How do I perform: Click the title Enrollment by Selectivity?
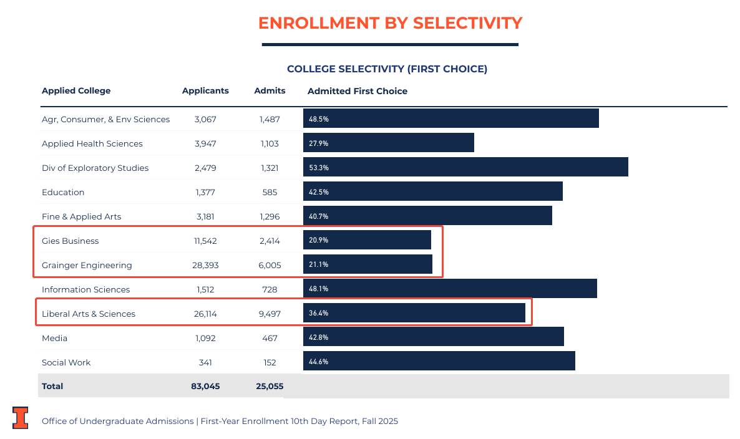(390, 23)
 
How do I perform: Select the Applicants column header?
(205, 91)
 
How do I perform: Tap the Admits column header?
(270, 91)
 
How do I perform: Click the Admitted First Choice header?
(358, 91)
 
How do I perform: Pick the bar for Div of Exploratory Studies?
(465, 167)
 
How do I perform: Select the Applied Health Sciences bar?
(389, 143)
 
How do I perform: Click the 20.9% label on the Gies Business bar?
(319, 241)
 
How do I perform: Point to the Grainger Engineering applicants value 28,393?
(205, 265)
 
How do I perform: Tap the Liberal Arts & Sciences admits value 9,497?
(270, 314)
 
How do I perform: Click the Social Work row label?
(66, 362)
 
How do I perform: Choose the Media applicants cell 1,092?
(205, 338)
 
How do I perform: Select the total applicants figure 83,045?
(205, 386)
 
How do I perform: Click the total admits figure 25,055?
(270, 386)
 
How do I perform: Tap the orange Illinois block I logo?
(21, 418)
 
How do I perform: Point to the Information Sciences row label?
(85, 289)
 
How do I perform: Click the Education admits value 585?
(270, 192)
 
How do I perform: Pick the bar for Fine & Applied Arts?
(427, 216)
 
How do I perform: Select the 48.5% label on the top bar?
(319, 119)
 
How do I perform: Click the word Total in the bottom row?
(52, 386)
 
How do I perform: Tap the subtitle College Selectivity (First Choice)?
(387, 69)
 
